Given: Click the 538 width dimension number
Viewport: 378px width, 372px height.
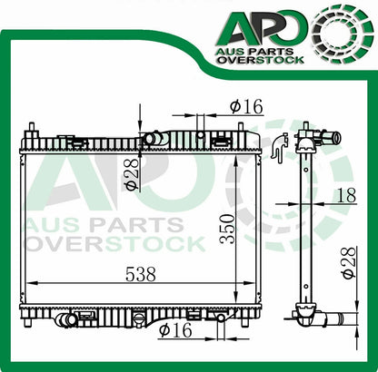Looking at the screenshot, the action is click(141, 274).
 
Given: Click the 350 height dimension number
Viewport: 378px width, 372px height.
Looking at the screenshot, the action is click(228, 229).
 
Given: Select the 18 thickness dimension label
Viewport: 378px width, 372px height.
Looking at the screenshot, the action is click(346, 195).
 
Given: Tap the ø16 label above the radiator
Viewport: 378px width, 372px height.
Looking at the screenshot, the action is click(246, 106).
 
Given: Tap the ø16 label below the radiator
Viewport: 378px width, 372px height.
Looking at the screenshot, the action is click(175, 329).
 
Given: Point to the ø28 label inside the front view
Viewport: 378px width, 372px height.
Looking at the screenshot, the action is click(131, 175).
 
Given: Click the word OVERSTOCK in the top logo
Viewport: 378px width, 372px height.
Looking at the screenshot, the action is click(261, 60).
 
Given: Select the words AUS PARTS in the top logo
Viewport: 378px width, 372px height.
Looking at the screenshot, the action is click(254, 52).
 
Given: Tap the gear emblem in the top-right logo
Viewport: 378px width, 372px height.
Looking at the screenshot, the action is click(343, 34).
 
